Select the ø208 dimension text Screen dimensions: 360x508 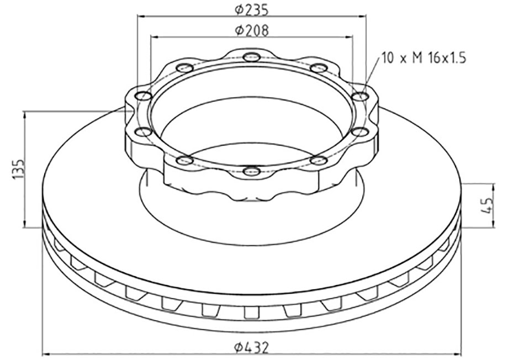point(252,30)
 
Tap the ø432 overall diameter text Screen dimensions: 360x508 point(252,347)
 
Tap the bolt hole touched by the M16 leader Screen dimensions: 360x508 point(361,97)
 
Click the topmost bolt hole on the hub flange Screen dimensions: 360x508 point(252,56)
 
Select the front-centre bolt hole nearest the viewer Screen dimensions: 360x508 point(252,171)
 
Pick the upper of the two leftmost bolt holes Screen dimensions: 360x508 point(143,97)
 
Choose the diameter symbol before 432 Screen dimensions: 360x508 point(238,347)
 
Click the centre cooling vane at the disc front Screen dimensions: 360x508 point(252,312)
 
